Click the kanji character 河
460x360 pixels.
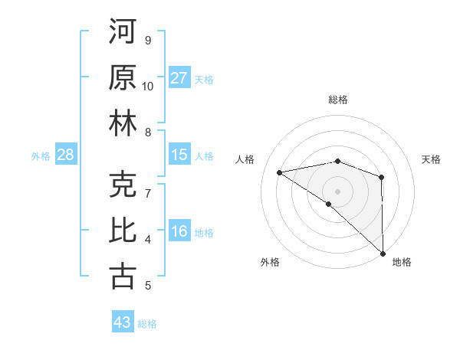coord(123,33)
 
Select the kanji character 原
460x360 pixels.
coord(123,77)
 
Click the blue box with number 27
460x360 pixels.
coord(179,77)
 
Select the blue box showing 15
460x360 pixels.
coord(179,155)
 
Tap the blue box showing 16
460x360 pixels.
coord(179,231)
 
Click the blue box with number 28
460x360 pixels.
coord(66,155)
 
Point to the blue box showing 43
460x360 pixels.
coord(123,322)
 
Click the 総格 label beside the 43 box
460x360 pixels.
coord(147,324)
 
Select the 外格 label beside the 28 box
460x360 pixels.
coord(41,156)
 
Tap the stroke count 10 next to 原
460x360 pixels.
coord(147,86)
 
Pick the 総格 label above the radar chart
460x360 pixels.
coord(337,100)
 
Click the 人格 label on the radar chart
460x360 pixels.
coord(246,159)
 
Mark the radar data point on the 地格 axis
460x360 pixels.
coord(382,253)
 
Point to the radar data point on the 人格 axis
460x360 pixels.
coord(280,172)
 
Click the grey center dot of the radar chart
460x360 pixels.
coord(337,190)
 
